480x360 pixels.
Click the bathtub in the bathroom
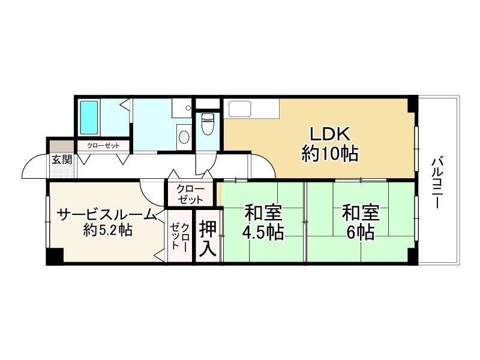[89, 118]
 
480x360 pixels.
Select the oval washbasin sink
[184, 137]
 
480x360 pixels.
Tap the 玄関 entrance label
[61, 160]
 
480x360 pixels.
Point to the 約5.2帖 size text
[108, 230]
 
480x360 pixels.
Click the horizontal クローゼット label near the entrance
[103, 145]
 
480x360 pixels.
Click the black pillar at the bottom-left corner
[55, 256]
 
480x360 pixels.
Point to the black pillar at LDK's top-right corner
[411, 103]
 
